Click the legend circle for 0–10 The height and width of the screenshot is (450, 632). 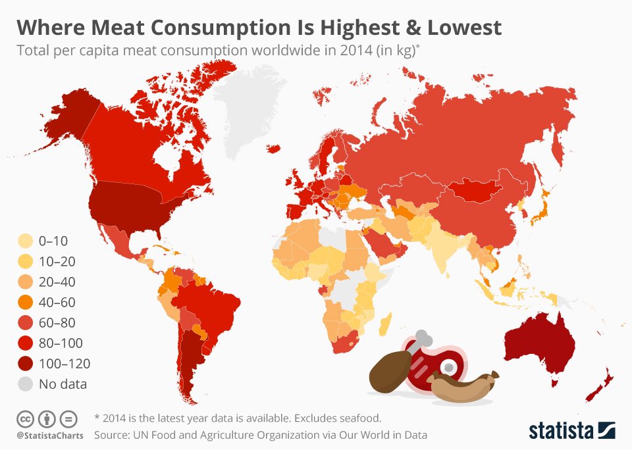[27, 241]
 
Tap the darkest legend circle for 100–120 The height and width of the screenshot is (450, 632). [27, 363]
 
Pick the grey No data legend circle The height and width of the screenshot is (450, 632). [27, 384]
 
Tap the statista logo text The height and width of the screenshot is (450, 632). [560, 431]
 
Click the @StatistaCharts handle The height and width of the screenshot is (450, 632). [45, 435]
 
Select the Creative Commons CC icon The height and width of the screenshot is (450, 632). [24, 418]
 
